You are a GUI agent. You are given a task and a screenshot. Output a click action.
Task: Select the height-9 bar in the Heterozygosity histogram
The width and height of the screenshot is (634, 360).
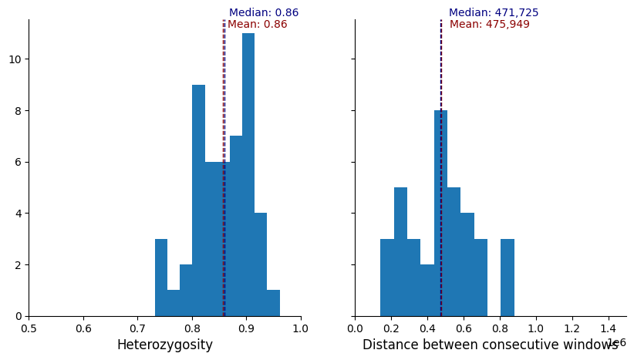pyautogui.click(x=198, y=200)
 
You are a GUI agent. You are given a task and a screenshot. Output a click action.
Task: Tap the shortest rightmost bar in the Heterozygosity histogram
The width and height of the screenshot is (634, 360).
pyautogui.click(x=273, y=303)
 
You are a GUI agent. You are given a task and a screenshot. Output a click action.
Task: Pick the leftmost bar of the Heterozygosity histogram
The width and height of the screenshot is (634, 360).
pyautogui.click(x=161, y=278)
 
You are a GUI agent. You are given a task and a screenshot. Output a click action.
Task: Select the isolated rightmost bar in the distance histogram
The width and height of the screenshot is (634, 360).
pyautogui.click(x=508, y=278)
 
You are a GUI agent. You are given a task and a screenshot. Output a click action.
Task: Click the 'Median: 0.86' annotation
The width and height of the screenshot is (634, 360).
pyautogui.click(x=264, y=13)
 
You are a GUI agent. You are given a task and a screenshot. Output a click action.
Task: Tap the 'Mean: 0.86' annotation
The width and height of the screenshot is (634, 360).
pyautogui.click(x=257, y=25)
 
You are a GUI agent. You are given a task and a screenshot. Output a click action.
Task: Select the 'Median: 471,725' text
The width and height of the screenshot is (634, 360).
pyautogui.click(x=494, y=13)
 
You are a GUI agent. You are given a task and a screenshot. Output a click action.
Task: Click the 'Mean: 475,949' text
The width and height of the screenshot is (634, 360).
pyautogui.click(x=490, y=25)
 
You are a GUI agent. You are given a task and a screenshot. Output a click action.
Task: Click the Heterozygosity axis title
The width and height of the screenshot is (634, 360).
pyautogui.click(x=164, y=345)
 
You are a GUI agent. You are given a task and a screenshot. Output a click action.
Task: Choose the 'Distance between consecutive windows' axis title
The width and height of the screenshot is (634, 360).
pyautogui.click(x=490, y=345)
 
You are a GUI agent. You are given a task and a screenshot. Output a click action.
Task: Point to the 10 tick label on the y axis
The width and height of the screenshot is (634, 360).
pyautogui.click(x=15, y=59)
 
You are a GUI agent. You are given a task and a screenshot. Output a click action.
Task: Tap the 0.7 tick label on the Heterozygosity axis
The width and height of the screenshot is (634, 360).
pyautogui.click(x=137, y=328)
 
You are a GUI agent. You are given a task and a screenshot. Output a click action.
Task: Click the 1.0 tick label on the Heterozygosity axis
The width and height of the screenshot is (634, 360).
pyautogui.click(x=301, y=328)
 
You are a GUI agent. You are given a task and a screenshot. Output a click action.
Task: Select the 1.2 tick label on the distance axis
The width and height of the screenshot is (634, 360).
pyautogui.click(x=572, y=328)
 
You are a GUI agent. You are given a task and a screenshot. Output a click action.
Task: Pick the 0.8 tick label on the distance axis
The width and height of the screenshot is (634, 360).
pyautogui.click(x=500, y=328)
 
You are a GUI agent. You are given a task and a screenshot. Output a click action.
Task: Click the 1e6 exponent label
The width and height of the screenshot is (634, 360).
pyautogui.click(x=616, y=343)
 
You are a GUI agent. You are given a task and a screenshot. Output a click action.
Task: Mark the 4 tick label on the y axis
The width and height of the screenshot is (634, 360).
pyautogui.click(x=19, y=214)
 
